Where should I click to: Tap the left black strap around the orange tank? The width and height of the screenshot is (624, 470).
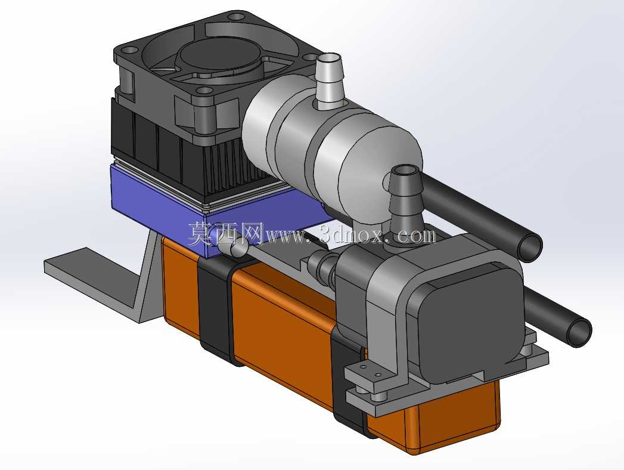pos(217,311)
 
